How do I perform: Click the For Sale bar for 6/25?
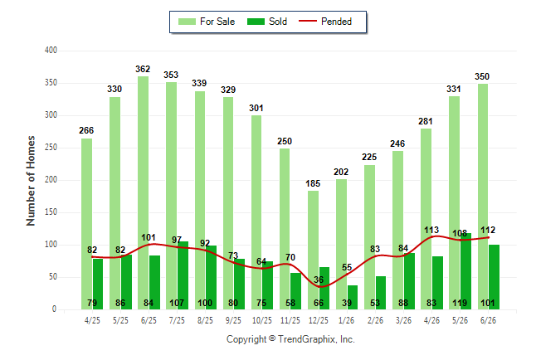click(143, 192)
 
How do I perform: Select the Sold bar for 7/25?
click(183, 275)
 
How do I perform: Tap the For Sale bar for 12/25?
click(313, 250)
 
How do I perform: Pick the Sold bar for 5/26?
click(465, 271)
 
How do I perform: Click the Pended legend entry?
click(325, 22)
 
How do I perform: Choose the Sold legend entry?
click(267, 22)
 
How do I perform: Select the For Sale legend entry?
click(207, 22)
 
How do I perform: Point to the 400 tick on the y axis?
click(51, 51)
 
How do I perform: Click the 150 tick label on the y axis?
click(51, 212)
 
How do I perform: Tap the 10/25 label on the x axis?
click(262, 320)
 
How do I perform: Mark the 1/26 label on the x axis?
click(347, 320)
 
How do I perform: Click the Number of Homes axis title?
click(31, 181)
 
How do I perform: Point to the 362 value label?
click(143, 69)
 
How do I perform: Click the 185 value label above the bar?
click(313, 183)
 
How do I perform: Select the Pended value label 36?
click(319, 280)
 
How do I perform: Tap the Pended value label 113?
click(431, 230)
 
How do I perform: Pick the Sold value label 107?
click(177, 303)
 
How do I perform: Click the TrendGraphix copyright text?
click(290, 339)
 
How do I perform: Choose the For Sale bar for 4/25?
click(86, 224)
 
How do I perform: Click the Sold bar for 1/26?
click(353, 298)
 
